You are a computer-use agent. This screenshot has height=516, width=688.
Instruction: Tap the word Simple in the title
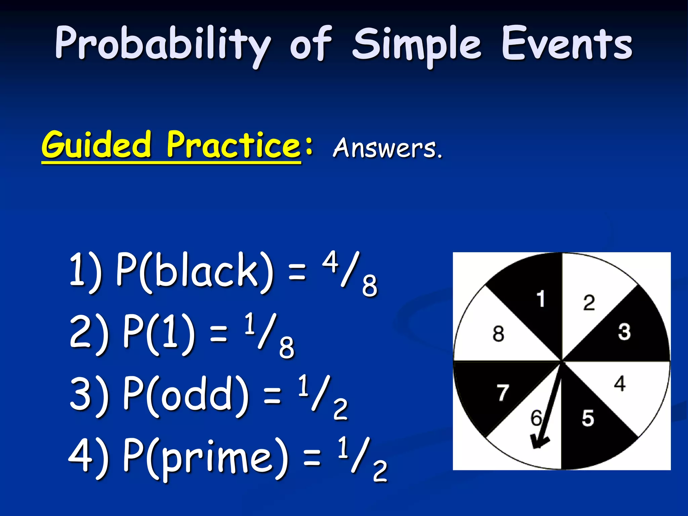417,45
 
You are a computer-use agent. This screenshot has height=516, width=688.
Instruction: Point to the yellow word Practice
233,145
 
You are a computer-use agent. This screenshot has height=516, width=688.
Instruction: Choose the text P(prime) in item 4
205,459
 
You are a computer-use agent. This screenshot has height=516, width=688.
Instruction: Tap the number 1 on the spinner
540,299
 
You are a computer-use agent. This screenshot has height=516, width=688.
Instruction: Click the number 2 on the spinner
589,303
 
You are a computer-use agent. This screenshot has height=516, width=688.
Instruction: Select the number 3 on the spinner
624,332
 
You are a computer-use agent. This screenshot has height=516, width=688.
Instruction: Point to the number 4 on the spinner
620,384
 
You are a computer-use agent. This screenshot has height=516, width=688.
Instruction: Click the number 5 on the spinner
588,418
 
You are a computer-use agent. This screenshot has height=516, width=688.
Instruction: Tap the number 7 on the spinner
503,392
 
